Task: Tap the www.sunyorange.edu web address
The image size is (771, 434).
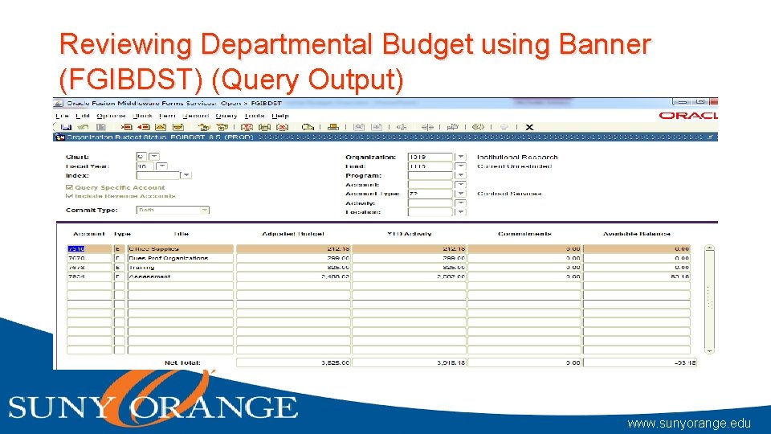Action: pyautogui.click(x=689, y=422)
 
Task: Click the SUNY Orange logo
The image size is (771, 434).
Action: pyautogui.click(x=153, y=402)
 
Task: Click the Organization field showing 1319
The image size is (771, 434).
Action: pyautogui.click(x=430, y=158)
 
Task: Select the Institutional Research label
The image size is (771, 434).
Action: pyautogui.click(x=516, y=158)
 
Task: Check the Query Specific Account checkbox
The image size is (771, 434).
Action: pyautogui.click(x=69, y=187)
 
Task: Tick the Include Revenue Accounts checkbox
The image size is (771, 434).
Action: pyautogui.click(x=69, y=195)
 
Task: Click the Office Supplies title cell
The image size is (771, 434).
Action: pyautogui.click(x=180, y=249)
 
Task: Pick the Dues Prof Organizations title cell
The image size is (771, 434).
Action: pyautogui.click(x=180, y=258)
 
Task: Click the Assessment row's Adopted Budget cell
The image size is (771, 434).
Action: pyautogui.click(x=293, y=276)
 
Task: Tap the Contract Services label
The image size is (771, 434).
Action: pyautogui.click(x=509, y=194)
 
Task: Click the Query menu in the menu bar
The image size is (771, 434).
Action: pyautogui.click(x=226, y=116)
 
